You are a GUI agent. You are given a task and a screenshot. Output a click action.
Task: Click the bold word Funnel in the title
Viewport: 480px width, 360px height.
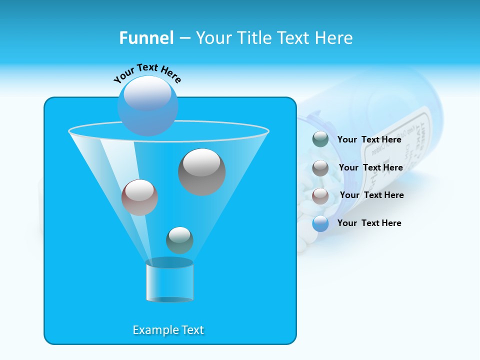[x=146, y=38]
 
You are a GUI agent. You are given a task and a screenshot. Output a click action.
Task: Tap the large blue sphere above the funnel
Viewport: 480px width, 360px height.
[x=147, y=105]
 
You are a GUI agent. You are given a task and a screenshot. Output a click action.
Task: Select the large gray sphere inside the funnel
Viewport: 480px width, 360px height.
[x=201, y=172]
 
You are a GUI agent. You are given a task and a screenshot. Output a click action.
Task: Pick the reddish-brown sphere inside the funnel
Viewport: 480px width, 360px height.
[x=139, y=197]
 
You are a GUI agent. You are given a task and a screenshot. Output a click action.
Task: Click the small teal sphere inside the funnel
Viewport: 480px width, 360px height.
[x=179, y=240]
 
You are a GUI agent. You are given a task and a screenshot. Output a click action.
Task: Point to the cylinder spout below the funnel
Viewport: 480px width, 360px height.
[x=169, y=281]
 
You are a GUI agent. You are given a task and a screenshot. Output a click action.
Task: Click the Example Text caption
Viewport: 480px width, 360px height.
[x=168, y=330]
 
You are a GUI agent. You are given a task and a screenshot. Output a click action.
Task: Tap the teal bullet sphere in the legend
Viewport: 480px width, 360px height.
[x=320, y=139]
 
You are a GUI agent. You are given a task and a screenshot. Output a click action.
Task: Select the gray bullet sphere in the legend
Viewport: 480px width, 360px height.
[x=320, y=167]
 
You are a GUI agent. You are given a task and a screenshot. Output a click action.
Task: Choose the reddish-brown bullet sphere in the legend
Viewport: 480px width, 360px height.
[x=320, y=195]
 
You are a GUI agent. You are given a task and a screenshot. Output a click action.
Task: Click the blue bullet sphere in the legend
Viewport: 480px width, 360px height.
[x=320, y=223]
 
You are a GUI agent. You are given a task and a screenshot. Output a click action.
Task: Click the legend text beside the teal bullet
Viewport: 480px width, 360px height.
[x=369, y=139]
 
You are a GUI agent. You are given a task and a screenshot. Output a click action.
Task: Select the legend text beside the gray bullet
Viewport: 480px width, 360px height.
[x=370, y=167]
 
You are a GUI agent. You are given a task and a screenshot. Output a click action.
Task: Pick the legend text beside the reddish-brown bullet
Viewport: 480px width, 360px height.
[x=371, y=195]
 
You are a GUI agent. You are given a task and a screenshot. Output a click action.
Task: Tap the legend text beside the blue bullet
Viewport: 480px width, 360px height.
[x=369, y=223]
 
